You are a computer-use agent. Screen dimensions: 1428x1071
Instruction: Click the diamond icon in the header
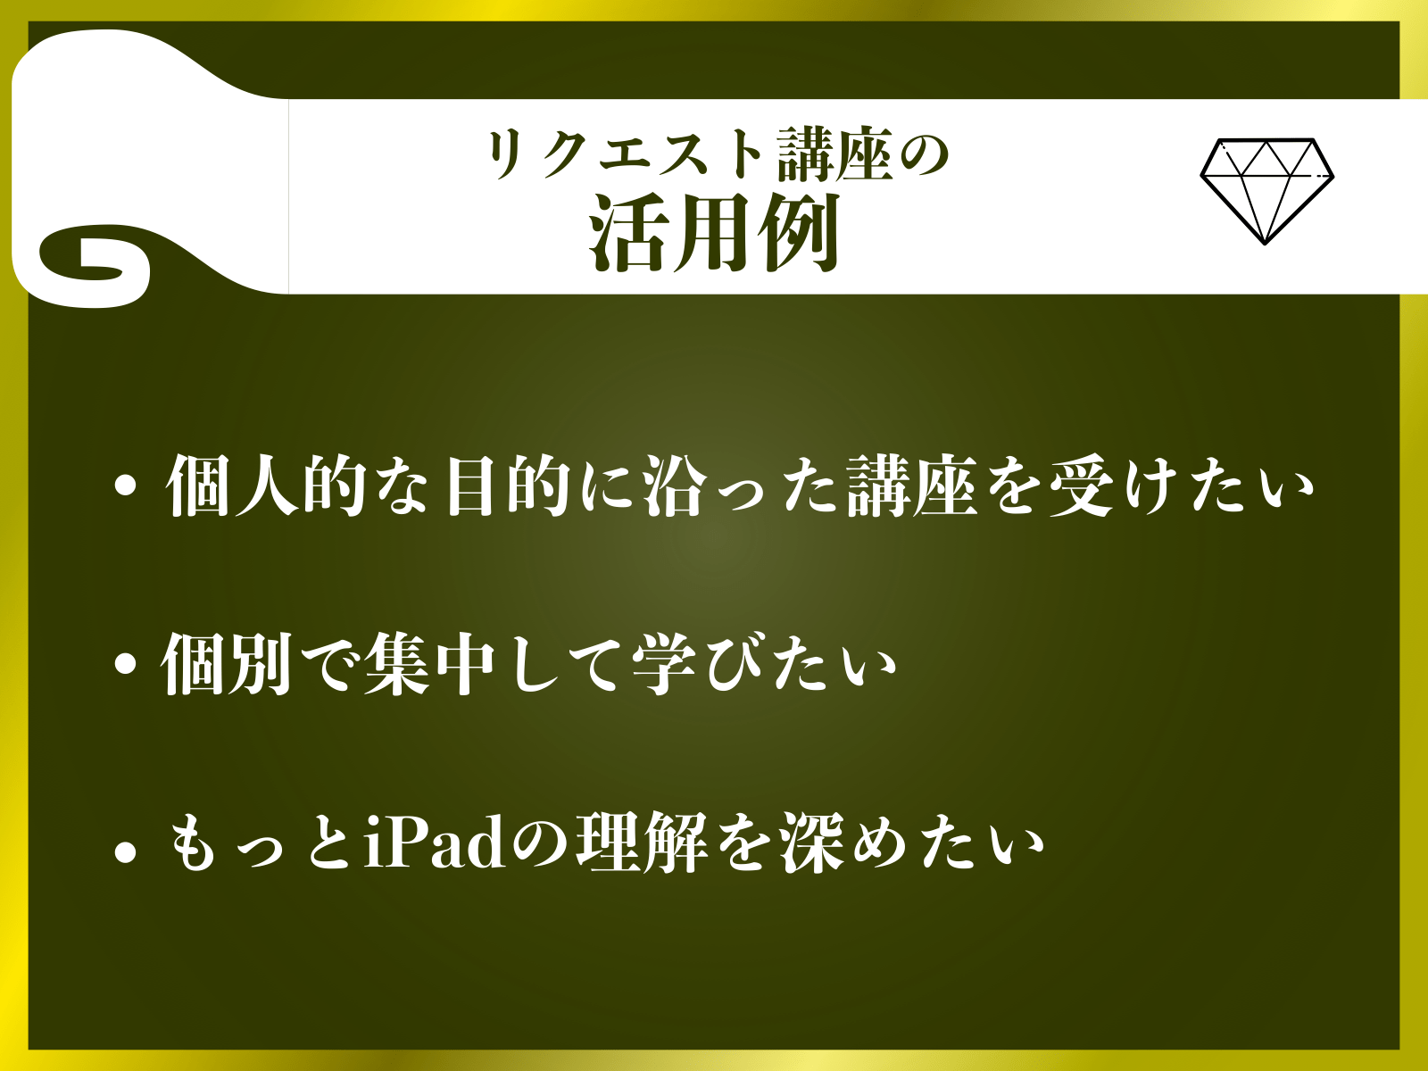[x=1266, y=191]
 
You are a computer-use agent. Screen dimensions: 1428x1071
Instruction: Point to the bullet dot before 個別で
[x=125, y=664]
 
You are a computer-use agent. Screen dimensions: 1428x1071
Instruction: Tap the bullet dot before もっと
[x=125, y=852]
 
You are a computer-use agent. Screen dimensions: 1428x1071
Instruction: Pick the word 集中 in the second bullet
[x=430, y=664]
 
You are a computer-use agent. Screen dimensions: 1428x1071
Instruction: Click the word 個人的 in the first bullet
[x=267, y=486]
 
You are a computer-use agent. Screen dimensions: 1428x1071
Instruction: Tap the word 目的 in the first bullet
[x=508, y=486]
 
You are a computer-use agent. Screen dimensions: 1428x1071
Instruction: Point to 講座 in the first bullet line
[x=912, y=486]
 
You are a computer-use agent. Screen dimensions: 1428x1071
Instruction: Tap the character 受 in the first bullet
[x=1081, y=486]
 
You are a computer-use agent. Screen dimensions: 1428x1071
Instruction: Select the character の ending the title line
[x=923, y=156]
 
